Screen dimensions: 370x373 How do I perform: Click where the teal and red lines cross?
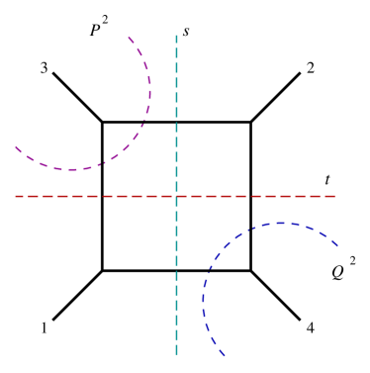pos(176,196)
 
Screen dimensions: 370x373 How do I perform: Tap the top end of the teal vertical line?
pos(176,36)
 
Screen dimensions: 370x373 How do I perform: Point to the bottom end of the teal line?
pos(176,354)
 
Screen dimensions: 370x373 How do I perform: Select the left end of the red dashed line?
pos(15,196)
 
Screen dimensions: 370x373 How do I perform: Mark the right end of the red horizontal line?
pos(337,196)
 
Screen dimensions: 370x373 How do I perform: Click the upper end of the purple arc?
pos(129,38)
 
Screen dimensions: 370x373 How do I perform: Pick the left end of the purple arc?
pos(15,146)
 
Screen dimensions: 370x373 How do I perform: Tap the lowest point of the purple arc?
pos(71,170)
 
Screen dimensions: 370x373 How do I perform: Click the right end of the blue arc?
pos(338,245)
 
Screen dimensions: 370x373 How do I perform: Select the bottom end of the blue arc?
pos(225,354)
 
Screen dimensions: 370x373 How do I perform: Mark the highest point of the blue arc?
pos(283,223)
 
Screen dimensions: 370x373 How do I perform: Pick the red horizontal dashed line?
pos(99,196)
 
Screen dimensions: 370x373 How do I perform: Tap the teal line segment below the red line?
pos(176,277)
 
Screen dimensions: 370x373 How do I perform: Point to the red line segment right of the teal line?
pos(257,196)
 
